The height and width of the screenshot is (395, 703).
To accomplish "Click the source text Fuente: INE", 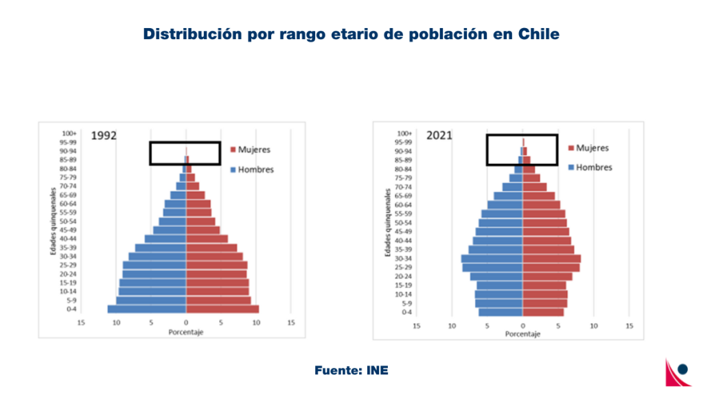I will pos(351,370).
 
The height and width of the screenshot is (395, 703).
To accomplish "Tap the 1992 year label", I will pos(104,135).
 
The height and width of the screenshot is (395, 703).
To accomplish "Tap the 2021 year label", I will pos(439,135).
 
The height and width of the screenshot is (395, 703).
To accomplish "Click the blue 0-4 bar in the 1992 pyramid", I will pos(146,309).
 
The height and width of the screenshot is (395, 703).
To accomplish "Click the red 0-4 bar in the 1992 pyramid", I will pos(222,309).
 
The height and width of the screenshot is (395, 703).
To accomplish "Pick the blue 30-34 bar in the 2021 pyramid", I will pos(492,259).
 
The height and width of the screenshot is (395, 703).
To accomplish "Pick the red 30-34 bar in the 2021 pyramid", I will pos(551,259).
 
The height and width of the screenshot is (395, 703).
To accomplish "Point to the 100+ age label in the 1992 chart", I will pos(69,133).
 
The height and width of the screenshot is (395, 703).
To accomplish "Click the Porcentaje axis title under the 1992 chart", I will pos(185,333).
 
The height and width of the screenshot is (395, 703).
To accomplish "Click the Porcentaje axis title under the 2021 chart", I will pos(522,334).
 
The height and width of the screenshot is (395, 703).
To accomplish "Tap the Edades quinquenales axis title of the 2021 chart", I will pos(388,223).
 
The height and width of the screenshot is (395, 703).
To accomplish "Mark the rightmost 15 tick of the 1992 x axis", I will pos(291,322).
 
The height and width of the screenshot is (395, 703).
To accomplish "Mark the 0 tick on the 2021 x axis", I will pos(522,326).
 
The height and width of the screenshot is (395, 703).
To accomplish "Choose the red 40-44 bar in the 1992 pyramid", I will pos(207,239).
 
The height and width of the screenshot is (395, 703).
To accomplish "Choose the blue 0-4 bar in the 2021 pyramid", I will pos(500,312).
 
